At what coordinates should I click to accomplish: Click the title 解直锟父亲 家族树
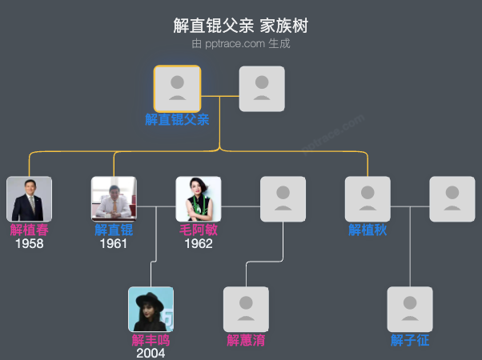tap(240, 26)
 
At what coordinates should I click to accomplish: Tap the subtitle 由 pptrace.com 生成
tap(240, 44)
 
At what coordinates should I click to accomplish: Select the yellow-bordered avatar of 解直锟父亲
tap(177, 88)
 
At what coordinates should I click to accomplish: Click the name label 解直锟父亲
tap(177, 119)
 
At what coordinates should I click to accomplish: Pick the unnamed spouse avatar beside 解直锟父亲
tap(262, 88)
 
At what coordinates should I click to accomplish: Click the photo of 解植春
tap(29, 199)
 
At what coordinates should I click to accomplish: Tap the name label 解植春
tap(29, 230)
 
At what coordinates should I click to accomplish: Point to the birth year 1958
tap(29, 243)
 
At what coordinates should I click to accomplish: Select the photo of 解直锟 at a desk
tap(114, 199)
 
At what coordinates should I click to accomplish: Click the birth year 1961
tap(114, 243)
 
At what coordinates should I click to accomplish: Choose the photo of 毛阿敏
tap(199, 199)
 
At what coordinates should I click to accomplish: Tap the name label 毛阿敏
tap(199, 230)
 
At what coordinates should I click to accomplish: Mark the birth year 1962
tap(199, 243)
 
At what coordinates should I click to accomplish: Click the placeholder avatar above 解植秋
tap(368, 199)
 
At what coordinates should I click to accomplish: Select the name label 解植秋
tap(368, 230)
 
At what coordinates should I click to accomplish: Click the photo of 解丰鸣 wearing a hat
tap(151, 309)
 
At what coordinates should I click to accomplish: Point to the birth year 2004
tap(151, 353)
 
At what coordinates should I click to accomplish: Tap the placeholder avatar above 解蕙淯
tap(246, 309)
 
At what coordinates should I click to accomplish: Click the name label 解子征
tap(410, 340)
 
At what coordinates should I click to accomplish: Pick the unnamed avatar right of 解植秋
tap(452, 199)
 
